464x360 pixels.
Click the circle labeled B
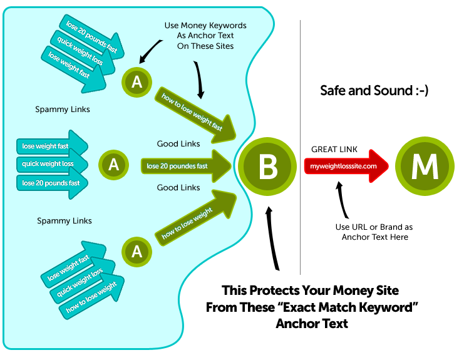(268, 167)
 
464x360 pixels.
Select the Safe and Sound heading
(374, 90)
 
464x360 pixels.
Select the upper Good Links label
(178, 144)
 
